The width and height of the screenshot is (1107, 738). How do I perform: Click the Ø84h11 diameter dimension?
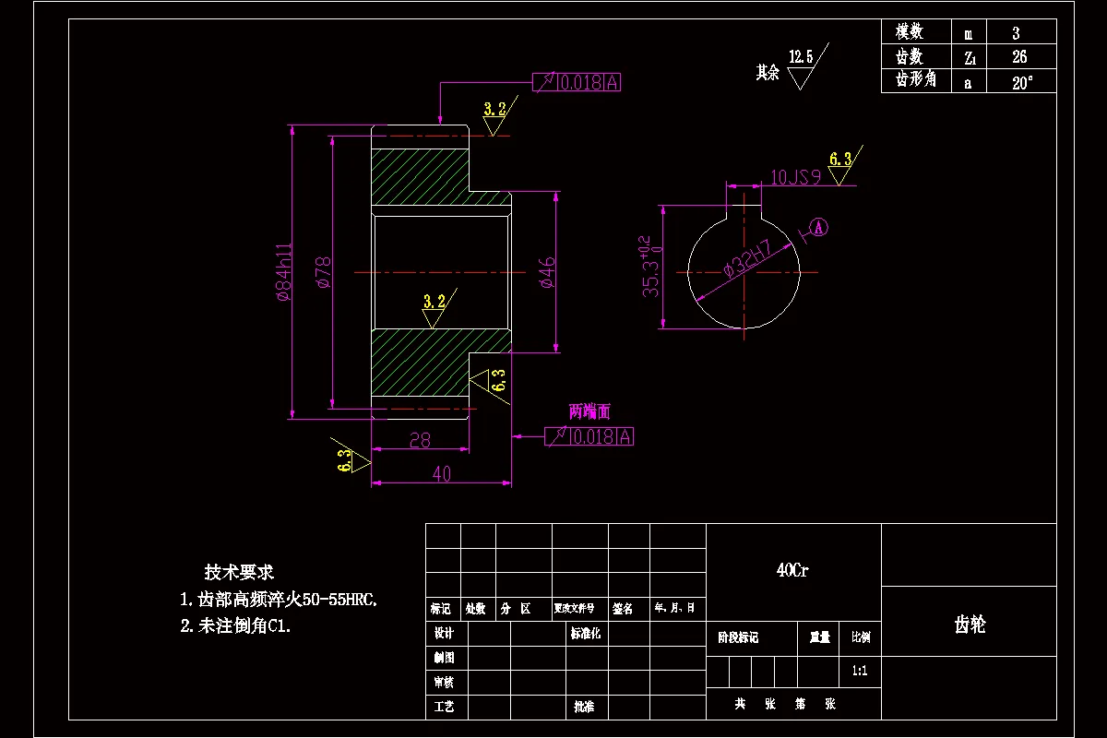pyautogui.click(x=284, y=273)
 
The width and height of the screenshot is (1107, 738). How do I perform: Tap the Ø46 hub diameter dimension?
pyautogui.click(x=548, y=273)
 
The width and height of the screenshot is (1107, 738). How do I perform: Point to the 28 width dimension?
pyautogui.click(x=420, y=441)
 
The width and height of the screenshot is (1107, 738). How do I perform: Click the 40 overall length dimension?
pyautogui.click(x=441, y=474)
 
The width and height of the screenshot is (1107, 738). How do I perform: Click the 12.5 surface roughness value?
pyautogui.click(x=801, y=57)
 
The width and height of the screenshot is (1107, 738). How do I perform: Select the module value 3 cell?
pyautogui.click(x=1016, y=33)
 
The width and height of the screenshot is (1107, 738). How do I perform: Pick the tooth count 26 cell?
pyautogui.click(x=1018, y=57)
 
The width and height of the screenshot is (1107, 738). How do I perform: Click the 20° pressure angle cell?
pyautogui.click(x=1021, y=81)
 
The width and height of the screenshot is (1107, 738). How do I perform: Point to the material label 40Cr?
pyautogui.click(x=792, y=571)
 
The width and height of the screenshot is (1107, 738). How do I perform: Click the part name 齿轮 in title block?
pyautogui.click(x=970, y=625)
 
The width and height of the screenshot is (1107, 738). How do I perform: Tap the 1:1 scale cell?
pyautogui.click(x=860, y=672)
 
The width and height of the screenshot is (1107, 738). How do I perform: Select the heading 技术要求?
pyautogui.click(x=239, y=572)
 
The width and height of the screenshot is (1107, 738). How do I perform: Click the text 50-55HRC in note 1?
pyautogui.click(x=336, y=600)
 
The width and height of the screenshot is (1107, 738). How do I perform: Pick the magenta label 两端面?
pyautogui.click(x=589, y=411)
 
